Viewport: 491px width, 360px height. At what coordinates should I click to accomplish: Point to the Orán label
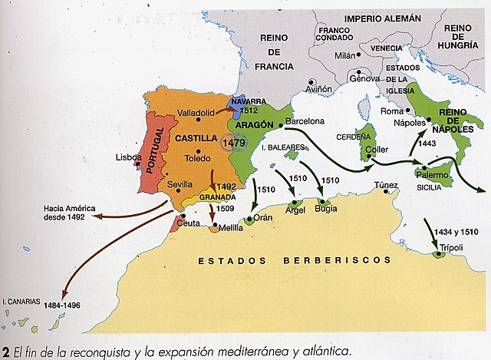click(264, 218)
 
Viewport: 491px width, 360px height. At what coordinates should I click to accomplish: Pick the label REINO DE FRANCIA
click(275, 53)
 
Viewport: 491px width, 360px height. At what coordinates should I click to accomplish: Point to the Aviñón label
click(318, 90)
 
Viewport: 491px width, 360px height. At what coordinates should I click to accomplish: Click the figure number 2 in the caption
click(5, 352)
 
